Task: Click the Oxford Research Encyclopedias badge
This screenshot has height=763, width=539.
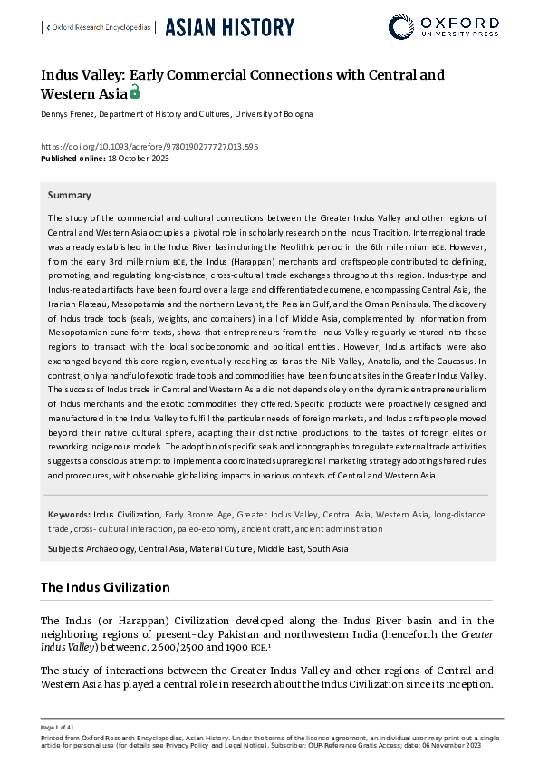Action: point(98,27)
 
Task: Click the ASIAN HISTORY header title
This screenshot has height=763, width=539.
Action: point(229,27)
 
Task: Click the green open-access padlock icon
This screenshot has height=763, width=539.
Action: point(135,92)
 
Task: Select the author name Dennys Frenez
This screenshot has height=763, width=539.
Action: point(67,115)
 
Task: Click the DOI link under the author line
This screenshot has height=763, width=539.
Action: point(149,147)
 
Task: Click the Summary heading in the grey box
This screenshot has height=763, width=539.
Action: point(69,195)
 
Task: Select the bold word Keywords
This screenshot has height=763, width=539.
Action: point(68,515)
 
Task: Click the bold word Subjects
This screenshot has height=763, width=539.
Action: point(65,549)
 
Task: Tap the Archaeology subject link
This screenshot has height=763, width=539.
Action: point(111,549)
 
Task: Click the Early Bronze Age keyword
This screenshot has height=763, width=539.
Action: point(198,515)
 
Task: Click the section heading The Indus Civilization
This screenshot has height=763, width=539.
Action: point(105,587)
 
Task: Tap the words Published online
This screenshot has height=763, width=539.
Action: point(72,159)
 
